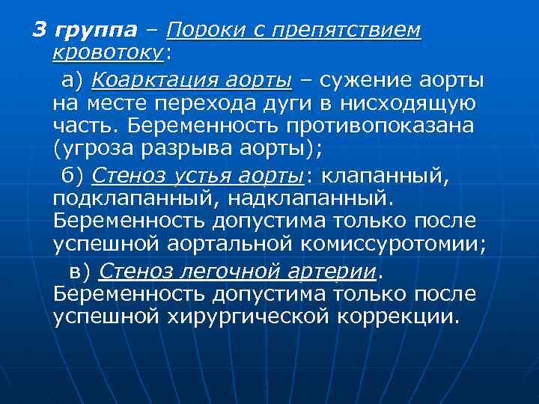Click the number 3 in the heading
point(39,31)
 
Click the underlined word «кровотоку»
point(109,53)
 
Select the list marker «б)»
point(73,175)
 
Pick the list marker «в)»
point(80,270)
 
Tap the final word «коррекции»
point(396,316)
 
